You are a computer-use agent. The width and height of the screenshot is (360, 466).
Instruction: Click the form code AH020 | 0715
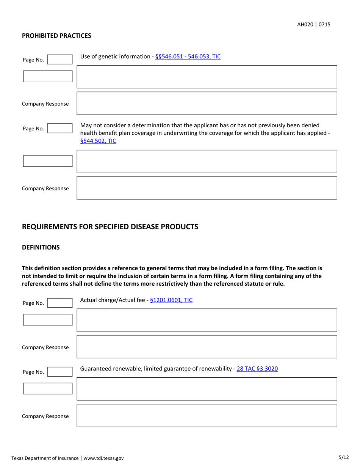tap(313, 24)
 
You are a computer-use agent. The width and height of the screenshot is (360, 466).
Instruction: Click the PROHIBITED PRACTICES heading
tap(56, 36)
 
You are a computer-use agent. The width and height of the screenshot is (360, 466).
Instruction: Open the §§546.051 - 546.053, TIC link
tap(188, 57)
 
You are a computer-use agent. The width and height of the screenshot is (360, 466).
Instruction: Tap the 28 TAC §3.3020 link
tap(257, 368)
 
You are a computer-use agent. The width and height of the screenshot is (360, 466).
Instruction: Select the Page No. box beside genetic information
tap(59, 59)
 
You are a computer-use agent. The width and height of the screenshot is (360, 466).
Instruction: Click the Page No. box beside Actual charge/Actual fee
tap(59, 303)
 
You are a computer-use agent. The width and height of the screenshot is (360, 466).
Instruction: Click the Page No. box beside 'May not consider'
tap(59, 128)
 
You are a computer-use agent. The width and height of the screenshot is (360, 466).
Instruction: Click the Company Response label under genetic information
tap(45, 104)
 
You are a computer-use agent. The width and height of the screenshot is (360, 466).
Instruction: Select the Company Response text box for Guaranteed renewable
tap(207, 415)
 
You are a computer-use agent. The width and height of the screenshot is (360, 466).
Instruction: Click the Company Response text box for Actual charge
tap(207, 346)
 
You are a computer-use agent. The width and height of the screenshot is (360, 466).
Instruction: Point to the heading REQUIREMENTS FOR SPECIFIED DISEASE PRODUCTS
tap(110, 227)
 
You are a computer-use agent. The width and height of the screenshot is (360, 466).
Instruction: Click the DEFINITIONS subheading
tap(41, 247)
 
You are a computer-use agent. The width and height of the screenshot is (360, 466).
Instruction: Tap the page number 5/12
tap(344, 457)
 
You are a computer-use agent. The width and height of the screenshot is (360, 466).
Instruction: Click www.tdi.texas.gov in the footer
tap(103, 458)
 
